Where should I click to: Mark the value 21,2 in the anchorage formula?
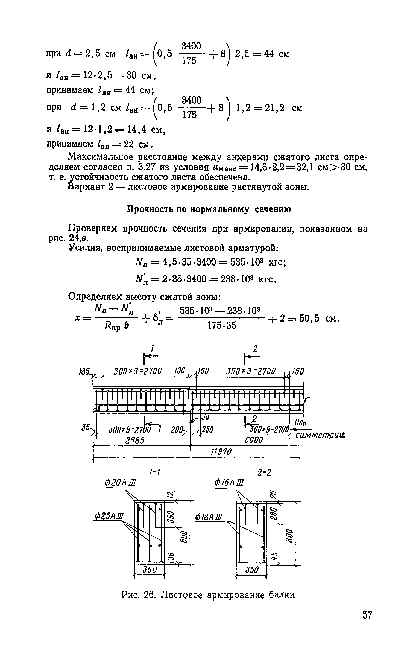coord(274,108)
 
